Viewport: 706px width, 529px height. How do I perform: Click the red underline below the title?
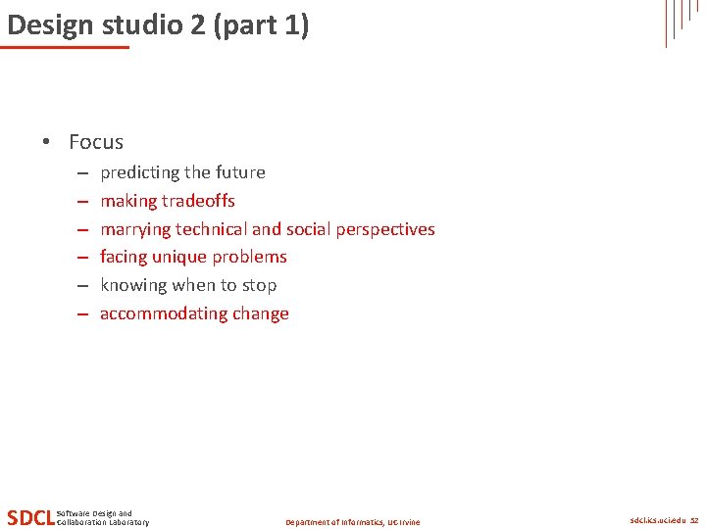pos(65,47)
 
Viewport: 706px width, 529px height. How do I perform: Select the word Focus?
pos(96,142)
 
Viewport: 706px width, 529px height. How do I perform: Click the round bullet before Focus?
pos(46,142)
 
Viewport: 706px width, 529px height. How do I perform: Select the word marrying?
pos(134,229)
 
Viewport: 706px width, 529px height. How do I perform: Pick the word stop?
pos(260,285)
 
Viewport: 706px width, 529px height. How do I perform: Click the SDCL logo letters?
pos(30,517)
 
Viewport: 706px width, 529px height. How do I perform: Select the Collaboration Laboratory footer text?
pos(103,522)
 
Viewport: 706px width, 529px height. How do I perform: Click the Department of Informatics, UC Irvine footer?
pos(352,522)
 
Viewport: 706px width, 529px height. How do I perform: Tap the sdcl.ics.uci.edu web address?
pos(657,520)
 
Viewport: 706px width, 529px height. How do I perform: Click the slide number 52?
pos(694,520)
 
